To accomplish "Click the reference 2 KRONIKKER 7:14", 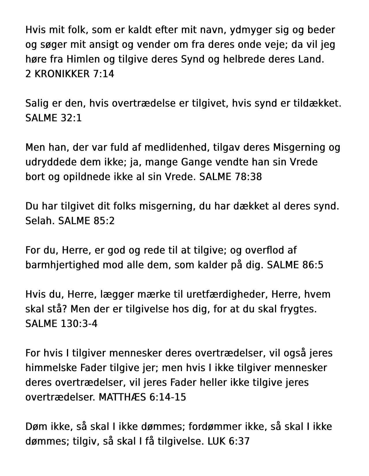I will [70, 74].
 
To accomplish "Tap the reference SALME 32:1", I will [53, 118].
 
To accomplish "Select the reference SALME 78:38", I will [231, 177].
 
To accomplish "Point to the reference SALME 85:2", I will [86, 221].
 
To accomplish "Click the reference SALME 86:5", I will [295, 265].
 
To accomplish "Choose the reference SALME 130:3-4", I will [61, 324].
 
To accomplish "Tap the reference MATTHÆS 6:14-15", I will [142, 397].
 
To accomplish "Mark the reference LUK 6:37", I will [228, 441].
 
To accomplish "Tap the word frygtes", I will [298, 309].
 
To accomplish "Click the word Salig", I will [37, 103].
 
